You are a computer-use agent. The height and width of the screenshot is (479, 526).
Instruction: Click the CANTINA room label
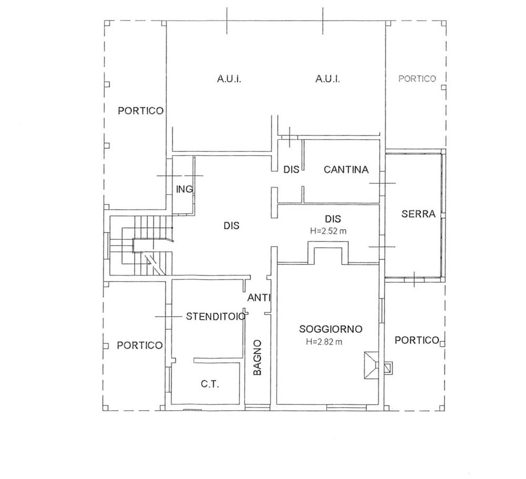click(346, 169)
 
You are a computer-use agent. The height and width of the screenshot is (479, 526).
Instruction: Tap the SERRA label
click(418, 213)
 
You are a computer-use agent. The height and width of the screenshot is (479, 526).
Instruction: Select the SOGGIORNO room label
click(331, 329)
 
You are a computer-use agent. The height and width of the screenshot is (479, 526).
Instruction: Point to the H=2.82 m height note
click(324, 342)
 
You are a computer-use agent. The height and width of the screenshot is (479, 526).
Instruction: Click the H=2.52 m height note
click(328, 231)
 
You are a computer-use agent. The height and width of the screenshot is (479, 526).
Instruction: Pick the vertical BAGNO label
click(257, 358)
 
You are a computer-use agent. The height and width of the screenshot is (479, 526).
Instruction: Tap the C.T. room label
click(210, 384)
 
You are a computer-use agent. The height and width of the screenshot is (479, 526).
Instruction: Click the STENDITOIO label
click(216, 317)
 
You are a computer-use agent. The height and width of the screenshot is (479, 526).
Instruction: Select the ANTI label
click(259, 298)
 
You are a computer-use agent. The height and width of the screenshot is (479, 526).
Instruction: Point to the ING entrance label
click(185, 189)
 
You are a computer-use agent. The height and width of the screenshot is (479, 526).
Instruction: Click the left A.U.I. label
click(229, 79)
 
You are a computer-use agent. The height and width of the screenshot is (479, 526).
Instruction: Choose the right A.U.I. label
click(328, 79)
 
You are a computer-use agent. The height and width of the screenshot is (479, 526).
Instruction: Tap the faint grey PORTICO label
click(417, 79)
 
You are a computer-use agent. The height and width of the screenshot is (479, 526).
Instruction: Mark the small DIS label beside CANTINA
click(291, 169)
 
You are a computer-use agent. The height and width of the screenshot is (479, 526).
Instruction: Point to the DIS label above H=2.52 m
click(333, 219)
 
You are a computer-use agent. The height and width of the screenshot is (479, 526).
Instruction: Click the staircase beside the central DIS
click(141, 246)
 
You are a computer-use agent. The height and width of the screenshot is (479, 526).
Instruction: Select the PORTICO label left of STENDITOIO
click(139, 345)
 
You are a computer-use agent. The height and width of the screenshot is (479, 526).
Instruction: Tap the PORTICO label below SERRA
click(417, 340)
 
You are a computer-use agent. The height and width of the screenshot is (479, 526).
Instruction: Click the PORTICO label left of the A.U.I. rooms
click(140, 111)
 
